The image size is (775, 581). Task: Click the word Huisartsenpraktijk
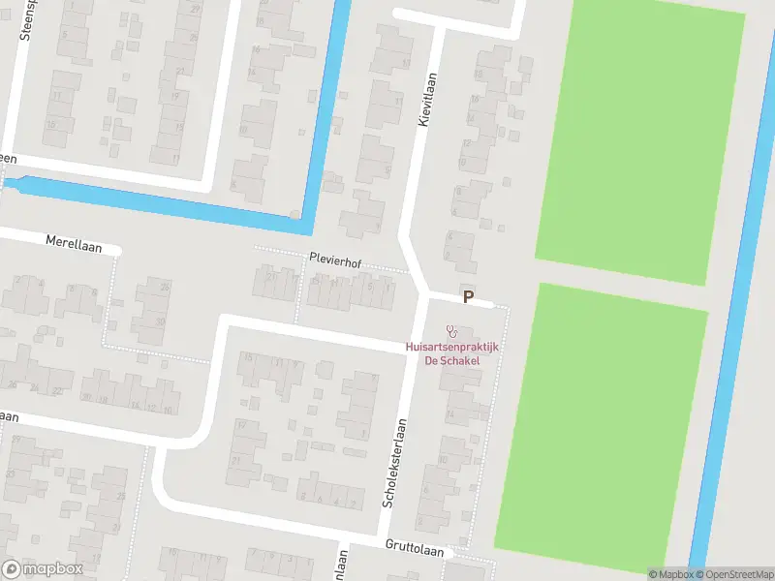coord(451,347)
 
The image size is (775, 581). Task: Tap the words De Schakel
coord(451,361)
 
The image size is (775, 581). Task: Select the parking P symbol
coord(468,297)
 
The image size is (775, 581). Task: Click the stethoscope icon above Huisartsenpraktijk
coord(451,331)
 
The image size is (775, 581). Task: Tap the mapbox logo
coord(43,569)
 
